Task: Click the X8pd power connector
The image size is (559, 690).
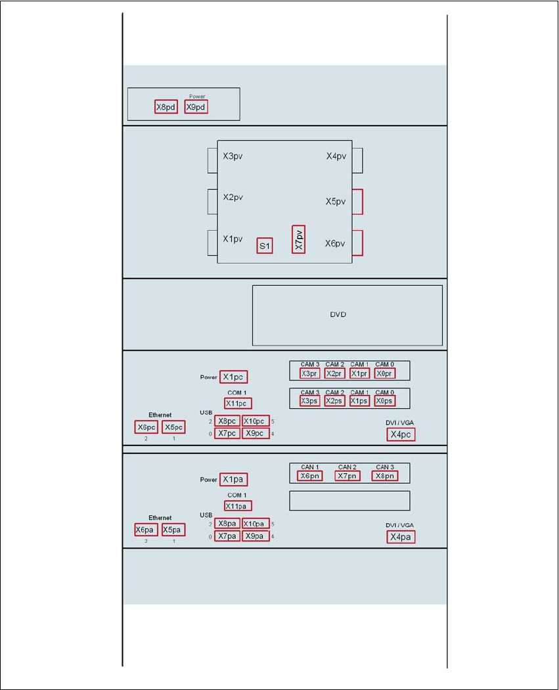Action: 166,106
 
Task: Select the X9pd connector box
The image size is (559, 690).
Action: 196,106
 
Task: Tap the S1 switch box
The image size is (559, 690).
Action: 265,246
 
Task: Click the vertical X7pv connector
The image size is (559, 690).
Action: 298,239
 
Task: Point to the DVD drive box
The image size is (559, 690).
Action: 347,315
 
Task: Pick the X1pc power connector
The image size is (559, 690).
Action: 234,377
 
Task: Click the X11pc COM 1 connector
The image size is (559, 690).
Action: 237,403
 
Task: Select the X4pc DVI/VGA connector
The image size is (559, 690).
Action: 401,434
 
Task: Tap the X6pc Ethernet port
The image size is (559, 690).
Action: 146,427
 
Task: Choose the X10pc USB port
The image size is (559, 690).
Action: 256,421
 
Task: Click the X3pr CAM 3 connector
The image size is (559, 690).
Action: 309,373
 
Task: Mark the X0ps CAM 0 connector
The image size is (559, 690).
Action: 384,401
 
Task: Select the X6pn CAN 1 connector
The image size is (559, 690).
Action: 309,476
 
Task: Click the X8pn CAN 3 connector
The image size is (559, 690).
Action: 384,476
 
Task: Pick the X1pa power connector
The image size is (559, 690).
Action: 234,480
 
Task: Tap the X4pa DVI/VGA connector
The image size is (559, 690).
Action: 401,537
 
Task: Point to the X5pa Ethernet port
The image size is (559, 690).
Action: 173,530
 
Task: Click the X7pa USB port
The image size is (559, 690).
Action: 227,536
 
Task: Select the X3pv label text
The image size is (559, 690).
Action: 233,156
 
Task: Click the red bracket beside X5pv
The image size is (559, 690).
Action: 358,202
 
